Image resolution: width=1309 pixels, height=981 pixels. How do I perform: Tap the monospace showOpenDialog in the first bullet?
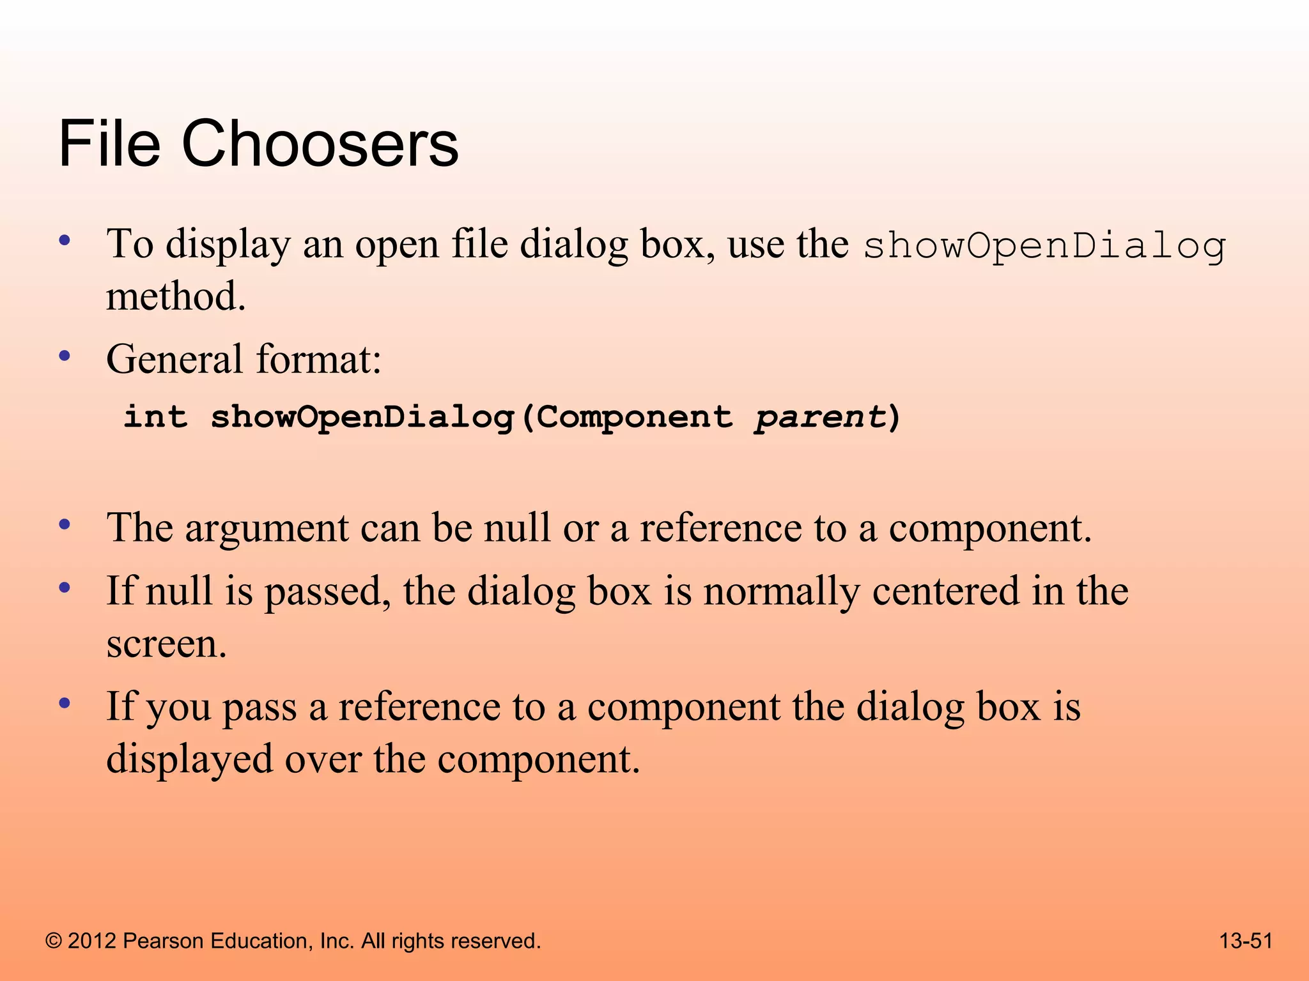(x=1044, y=246)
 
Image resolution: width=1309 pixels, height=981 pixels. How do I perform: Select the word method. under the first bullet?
(x=176, y=297)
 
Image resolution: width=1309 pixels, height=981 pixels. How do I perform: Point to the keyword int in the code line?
(x=155, y=416)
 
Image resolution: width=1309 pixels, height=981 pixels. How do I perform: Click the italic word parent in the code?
(x=820, y=418)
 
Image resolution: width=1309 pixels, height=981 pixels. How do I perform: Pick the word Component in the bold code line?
(x=634, y=418)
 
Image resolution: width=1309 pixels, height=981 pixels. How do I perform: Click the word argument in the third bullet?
(x=267, y=529)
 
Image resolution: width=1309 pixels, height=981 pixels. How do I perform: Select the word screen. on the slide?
(x=166, y=644)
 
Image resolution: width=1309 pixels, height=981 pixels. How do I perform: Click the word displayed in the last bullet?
(x=189, y=759)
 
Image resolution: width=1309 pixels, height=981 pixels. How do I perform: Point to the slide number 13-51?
(x=1246, y=941)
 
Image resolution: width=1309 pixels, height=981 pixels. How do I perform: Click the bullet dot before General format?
(x=64, y=356)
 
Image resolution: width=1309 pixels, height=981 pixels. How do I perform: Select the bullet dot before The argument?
(x=64, y=526)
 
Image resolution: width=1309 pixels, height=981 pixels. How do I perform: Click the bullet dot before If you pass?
(x=64, y=704)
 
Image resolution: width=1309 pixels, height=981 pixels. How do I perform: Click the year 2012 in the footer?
(x=92, y=941)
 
